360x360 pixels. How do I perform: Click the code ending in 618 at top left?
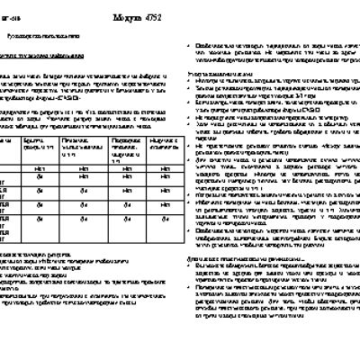pos(12,14)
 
